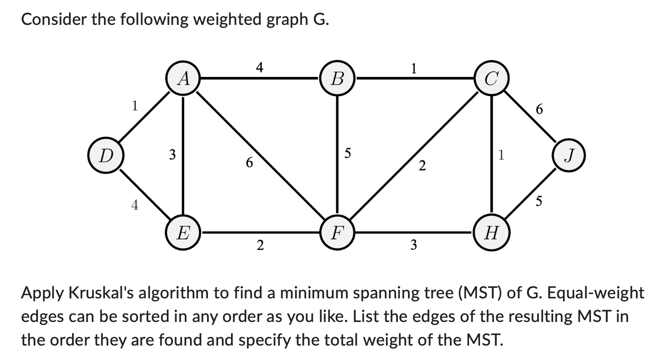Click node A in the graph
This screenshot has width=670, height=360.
click(183, 79)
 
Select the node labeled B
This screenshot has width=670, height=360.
click(337, 79)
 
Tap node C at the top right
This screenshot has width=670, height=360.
click(492, 79)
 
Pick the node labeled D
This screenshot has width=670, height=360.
click(105, 156)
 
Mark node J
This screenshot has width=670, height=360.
click(568, 156)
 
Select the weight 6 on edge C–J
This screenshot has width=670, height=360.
click(539, 109)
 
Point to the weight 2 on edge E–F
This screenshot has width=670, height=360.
click(260, 246)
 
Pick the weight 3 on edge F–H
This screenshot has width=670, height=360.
click(413, 246)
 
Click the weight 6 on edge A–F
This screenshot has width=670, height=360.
click(249, 163)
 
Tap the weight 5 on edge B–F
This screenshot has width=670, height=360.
click(348, 153)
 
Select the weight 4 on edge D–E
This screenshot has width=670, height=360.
click(135, 204)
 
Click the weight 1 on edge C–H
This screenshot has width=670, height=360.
click(501, 155)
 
